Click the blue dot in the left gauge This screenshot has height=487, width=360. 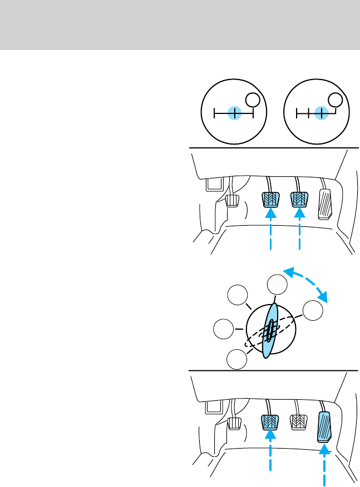click(235, 113)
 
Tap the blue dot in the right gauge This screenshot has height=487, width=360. click(320, 113)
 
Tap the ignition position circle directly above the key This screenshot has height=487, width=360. click(277, 286)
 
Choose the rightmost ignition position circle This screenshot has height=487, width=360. click(313, 311)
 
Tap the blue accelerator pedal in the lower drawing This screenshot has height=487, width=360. click(326, 427)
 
